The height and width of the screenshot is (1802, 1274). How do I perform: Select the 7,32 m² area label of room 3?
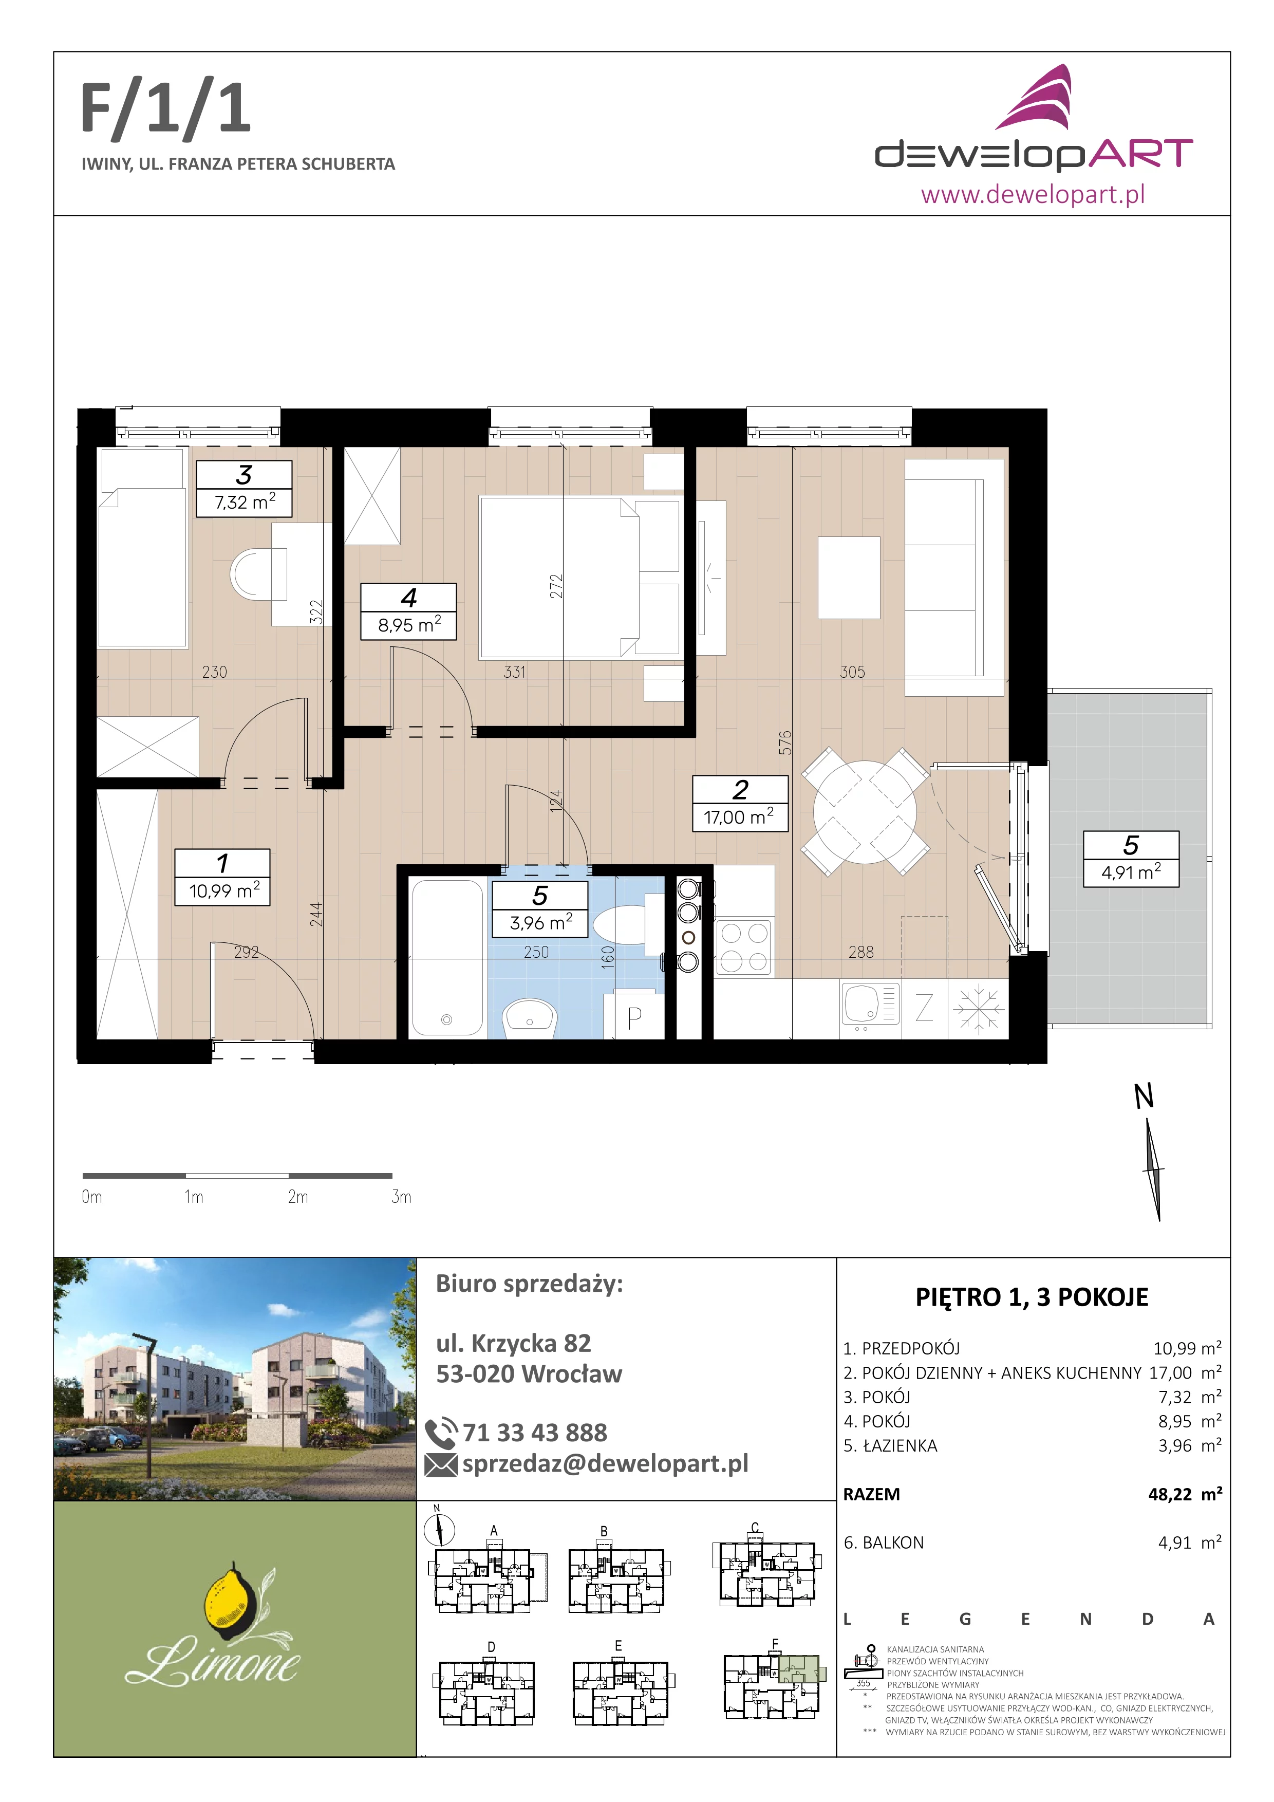click(x=245, y=501)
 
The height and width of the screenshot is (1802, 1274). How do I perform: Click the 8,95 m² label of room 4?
click(x=409, y=625)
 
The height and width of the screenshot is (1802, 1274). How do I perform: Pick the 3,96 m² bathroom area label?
click(x=540, y=922)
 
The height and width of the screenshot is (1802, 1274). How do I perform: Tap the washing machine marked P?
click(x=634, y=1016)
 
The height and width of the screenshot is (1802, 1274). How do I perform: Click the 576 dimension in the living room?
click(x=785, y=742)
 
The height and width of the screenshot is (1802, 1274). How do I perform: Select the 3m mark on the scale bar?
click(x=401, y=1197)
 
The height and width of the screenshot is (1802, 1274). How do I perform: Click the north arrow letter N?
click(x=1144, y=1097)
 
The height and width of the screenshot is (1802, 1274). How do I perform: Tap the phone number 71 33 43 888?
click(x=534, y=1433)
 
